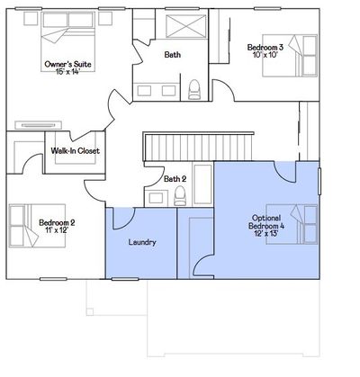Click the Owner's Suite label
67,64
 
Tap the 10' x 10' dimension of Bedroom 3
264,54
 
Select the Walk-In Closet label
75,150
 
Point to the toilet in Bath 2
180,195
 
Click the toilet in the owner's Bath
193,89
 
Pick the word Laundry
142,242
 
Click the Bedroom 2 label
57,222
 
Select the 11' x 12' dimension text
58,230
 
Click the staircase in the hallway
198,147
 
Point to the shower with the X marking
186,26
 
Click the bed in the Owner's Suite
68,41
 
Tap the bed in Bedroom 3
290,56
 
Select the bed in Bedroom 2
37,226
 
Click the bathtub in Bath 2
203,184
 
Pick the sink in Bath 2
156,198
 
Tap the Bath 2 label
175,179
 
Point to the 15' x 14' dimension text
67,71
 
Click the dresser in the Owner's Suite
39,125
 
